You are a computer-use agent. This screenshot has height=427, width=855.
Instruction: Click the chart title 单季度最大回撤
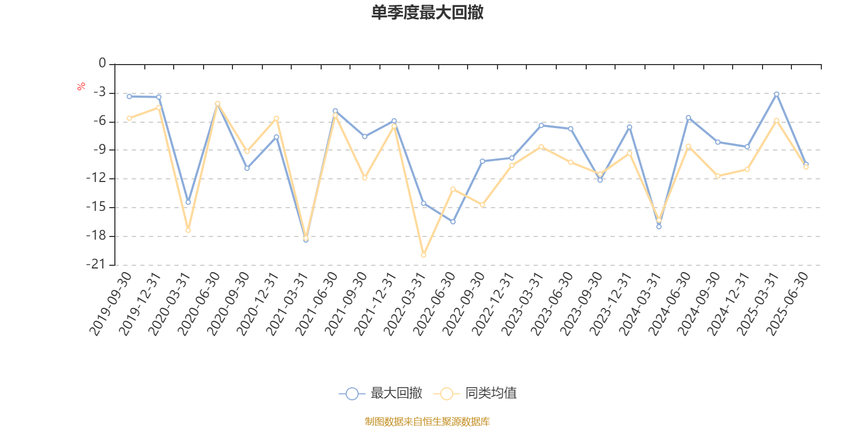427,13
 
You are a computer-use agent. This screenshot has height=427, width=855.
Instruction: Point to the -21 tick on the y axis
97,264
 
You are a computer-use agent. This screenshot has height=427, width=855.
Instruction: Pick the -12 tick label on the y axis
97,178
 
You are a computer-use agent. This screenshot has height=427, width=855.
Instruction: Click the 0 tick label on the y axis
102,64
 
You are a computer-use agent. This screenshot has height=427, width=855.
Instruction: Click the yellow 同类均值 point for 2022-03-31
423,255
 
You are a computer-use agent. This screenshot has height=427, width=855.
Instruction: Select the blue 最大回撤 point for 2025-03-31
776,94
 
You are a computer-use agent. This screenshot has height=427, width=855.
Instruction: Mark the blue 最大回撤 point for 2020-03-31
188,202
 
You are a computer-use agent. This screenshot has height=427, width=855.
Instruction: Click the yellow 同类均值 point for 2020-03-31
188,230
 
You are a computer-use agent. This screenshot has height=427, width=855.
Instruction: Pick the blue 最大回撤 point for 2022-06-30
453,222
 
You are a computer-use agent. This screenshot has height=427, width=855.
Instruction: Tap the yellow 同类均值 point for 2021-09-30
364,178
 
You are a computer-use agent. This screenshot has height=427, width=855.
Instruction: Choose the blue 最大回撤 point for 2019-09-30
129,97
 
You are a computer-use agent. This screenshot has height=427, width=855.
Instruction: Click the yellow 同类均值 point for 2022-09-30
483,205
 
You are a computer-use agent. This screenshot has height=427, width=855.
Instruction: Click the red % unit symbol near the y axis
81,86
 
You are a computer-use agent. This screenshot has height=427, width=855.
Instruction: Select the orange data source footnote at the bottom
427,422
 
